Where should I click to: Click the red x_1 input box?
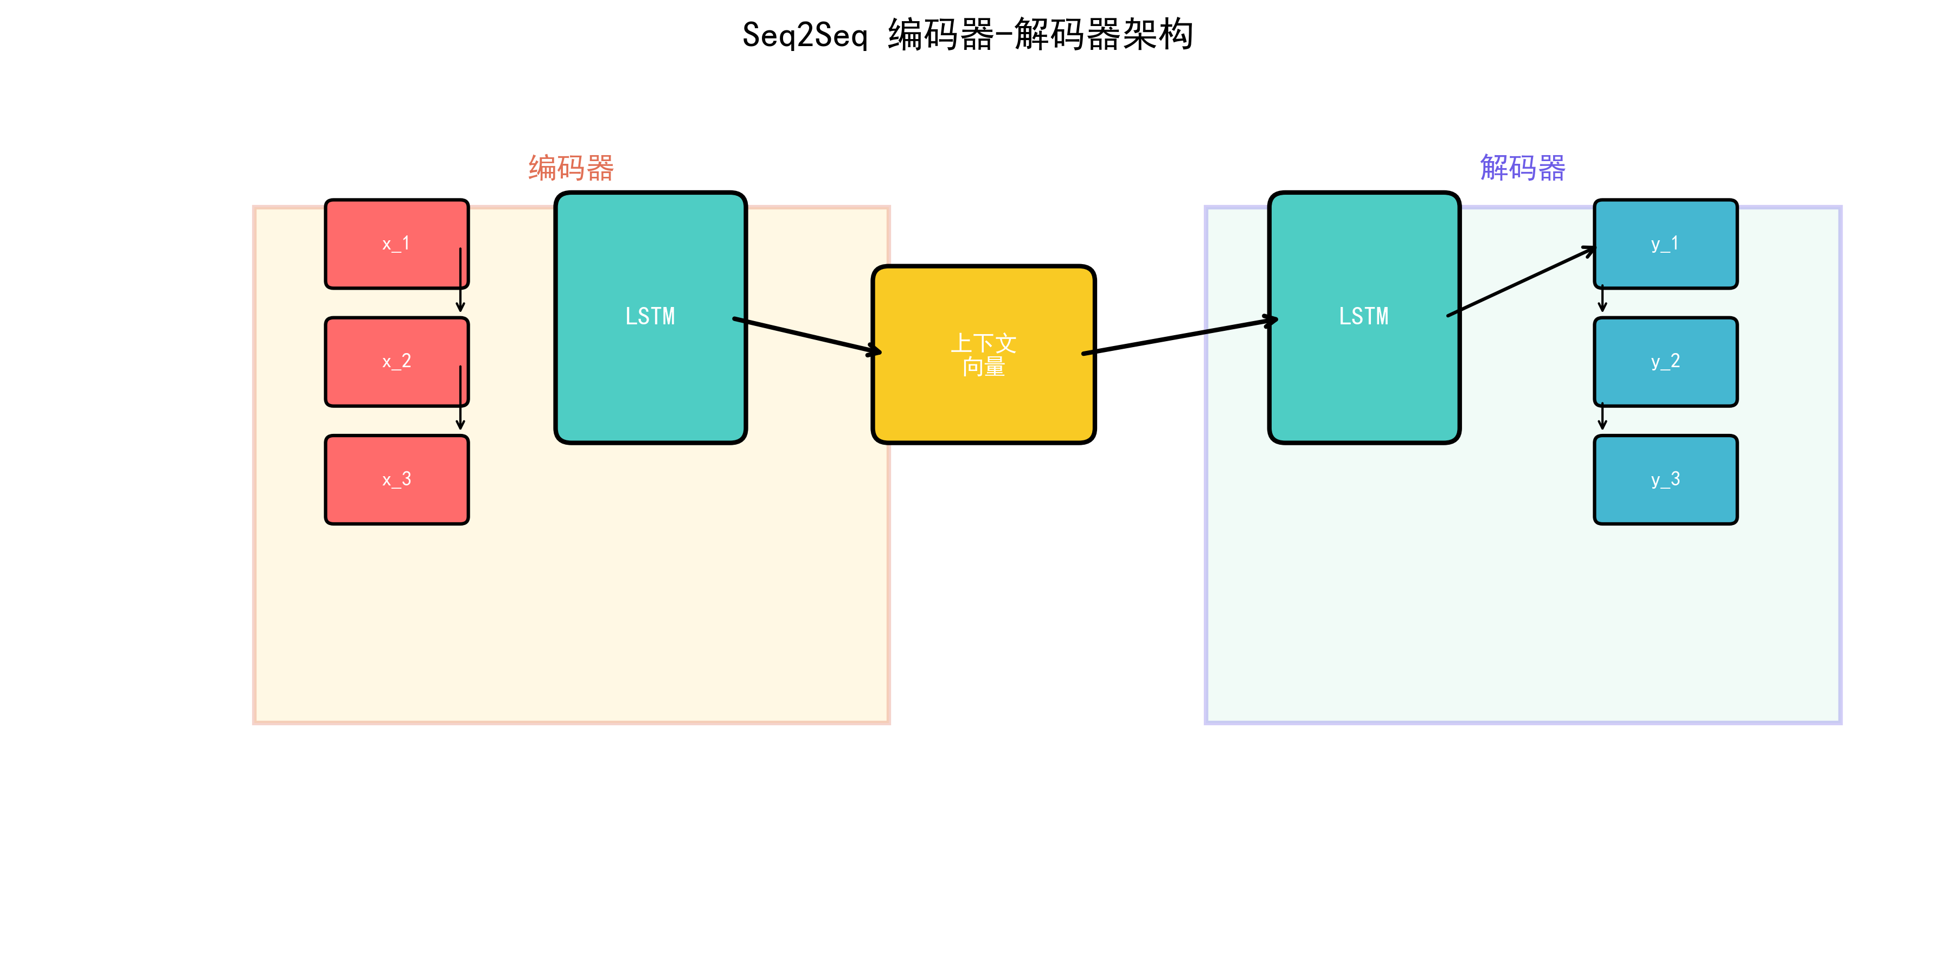point(396,244)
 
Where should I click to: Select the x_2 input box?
point(396,362)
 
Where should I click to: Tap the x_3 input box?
point(396,479)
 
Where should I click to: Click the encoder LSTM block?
point(650,317)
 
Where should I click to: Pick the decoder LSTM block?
point(1363,317)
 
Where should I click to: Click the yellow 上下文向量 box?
point(983,354)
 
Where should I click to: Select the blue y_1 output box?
point(1665,244)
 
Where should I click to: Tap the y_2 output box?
point(1665,362)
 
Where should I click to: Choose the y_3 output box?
point(1665,479)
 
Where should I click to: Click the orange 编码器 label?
point(571,168)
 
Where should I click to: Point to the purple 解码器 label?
point(1523,168)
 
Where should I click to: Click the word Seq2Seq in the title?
point(805,35)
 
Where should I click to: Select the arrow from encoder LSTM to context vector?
point(806,335)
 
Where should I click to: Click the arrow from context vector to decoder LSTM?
point(1180,336)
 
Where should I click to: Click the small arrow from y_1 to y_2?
point(1602,298)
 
